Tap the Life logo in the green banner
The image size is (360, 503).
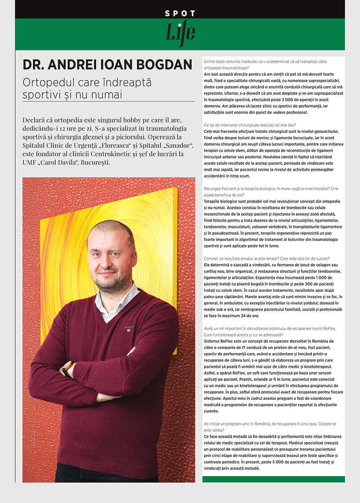coord(180,33)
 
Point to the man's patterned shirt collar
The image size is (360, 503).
coord(118,303)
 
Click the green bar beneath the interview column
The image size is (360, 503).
coord(273,479)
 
